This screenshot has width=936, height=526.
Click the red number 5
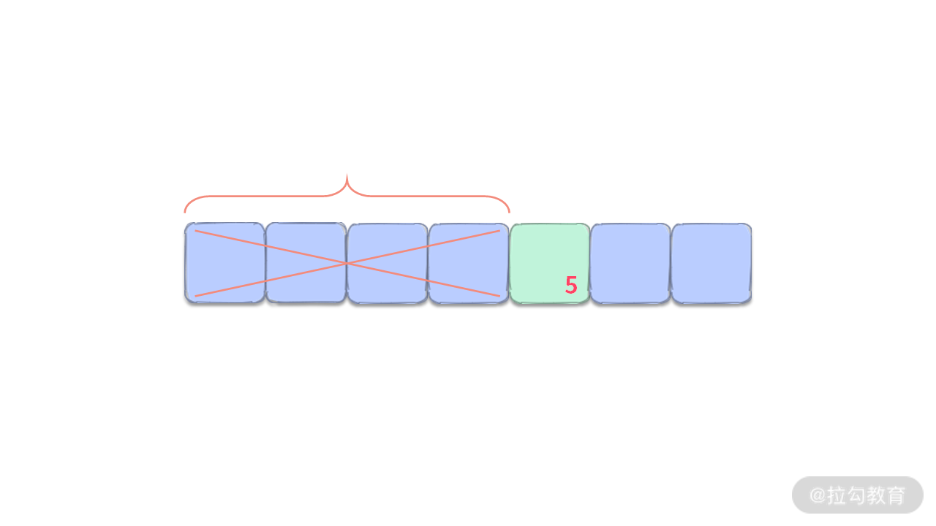tap(571, 286)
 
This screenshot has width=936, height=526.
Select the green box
tap(549, 263)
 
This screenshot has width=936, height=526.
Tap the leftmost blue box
tap(224, 263)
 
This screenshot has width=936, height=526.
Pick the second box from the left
tap(306, 263)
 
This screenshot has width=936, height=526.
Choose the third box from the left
tap(387, 263)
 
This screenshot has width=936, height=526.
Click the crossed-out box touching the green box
tap(468, 263)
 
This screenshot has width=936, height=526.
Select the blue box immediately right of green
tap(630, 263)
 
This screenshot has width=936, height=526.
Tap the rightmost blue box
tap(712, 263)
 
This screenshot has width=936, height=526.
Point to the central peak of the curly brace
tap(347, 176)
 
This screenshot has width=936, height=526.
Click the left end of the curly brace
tap(185, 212)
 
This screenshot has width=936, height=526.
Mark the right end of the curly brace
tap(509, 212)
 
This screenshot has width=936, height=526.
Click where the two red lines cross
tap(347, 263)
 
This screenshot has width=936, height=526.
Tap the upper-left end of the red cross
tap(195, 231)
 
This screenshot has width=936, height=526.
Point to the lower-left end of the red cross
tap(195, 296)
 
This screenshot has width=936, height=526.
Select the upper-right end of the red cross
tap(499, 231)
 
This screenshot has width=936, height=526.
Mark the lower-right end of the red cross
tap(499, 296)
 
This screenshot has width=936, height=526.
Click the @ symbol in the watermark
tap(817, 495)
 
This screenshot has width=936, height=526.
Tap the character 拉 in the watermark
tap(837, 495)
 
